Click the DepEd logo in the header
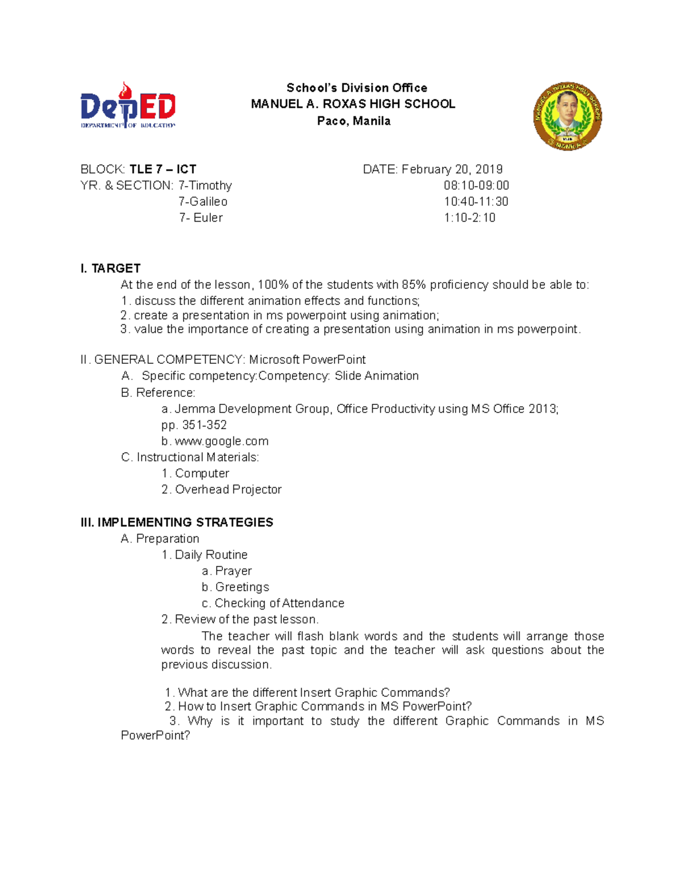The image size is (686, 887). pyautogui.click(x=127, y=106)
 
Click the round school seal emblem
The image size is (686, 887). pyautogui.click(x=567, y=116)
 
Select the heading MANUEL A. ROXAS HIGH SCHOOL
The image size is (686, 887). pyautogui.click(x=353, y=104)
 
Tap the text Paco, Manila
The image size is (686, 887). pyautogui.click(x=354, y=121)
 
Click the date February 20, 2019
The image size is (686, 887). pyautogui.click(x=452, y=170)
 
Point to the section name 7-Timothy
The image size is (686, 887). pyautogui.click(x=205, y=186)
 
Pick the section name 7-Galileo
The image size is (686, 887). pyautogui.click(x=203, y=202)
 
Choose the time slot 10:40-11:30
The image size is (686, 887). pyautogui.click(x=476, y=202)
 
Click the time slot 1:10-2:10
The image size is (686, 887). pyautogui.click(x=469, y=218)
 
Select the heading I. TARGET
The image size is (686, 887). pyautogui.click(x=110, y=268)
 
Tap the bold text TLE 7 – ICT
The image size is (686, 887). pyautogui.click(x=163, y=170)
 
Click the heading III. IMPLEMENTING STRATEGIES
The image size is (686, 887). pyautogui.click(x=177, y=523)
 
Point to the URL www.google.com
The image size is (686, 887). pyautogui.click(x=221, y=442)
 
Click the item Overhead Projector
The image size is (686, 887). pyautogui.click(x=228, y=489)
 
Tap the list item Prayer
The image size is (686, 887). pyautogui.click(x=233, y=571)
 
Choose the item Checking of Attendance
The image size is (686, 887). pyautogui.click(x=279, y=603)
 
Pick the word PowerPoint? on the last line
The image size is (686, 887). pyautogui.click(x=155, y=736)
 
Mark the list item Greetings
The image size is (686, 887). pyautogui.click(x=242, y=587)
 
